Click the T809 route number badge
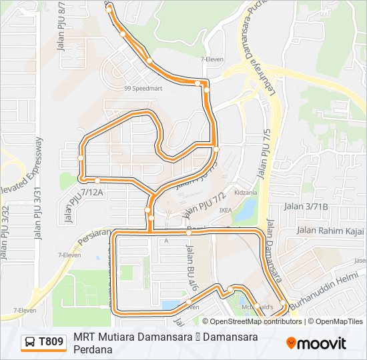[51, 343]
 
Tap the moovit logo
[316, 343]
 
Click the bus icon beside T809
[30, 343]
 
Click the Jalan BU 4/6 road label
[192, 263]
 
